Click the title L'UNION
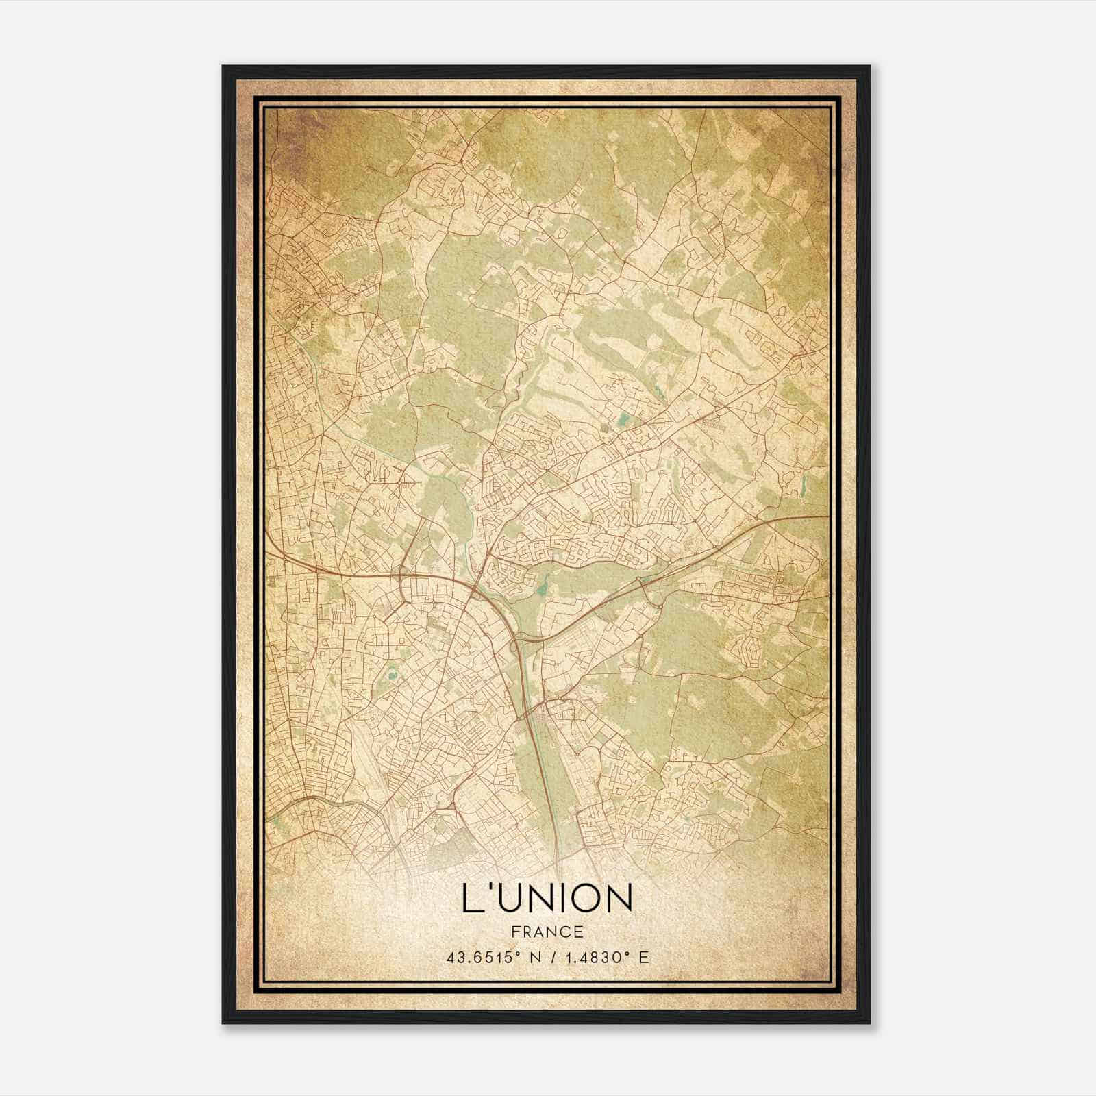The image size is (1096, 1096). pyautogui.click(x=547, y=899)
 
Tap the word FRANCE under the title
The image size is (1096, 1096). pyautogui.click(x=547, y=932)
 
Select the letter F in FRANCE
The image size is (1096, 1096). pyautogui.click(x=514, y=932)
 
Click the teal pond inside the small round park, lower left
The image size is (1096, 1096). pyautogui.click(x=393, y=675)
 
